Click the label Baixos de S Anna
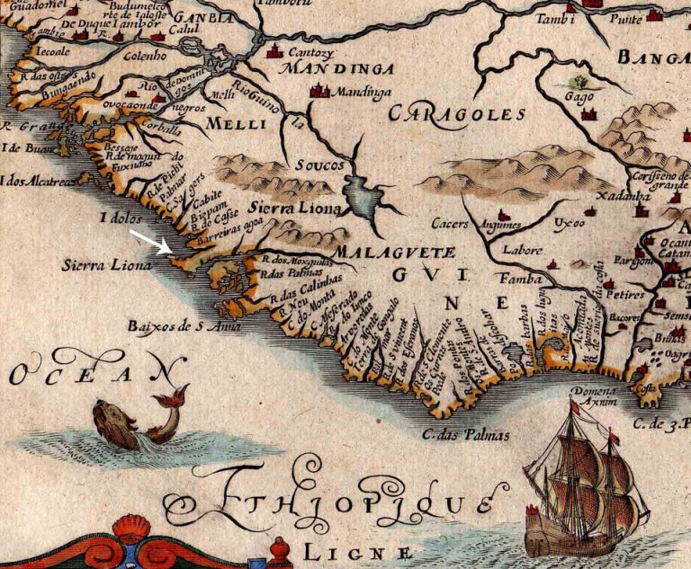(171, 325)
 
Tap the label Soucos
(316, 166)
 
